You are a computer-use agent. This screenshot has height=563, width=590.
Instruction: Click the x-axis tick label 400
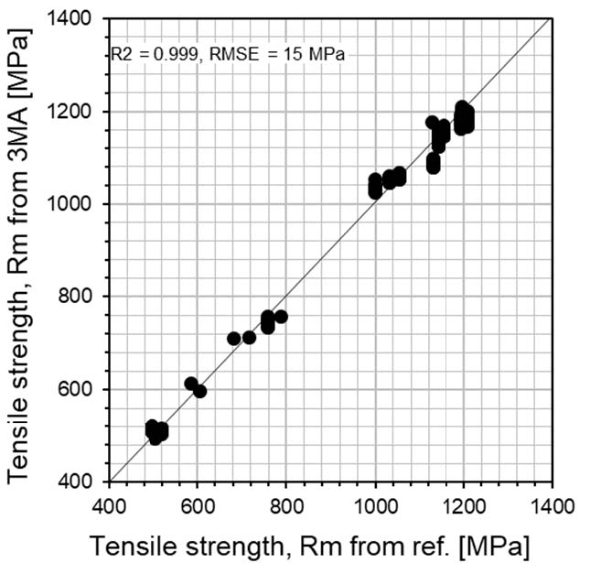109,504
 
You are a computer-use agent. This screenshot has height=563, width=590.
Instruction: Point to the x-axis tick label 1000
375,504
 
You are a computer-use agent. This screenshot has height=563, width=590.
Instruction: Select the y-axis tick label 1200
80,112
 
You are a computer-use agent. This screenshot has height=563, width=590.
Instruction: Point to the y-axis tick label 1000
80,204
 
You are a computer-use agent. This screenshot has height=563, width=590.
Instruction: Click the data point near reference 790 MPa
281,317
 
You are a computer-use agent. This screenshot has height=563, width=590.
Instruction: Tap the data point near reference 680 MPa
234,339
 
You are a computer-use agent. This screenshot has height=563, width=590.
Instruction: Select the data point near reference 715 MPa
249,338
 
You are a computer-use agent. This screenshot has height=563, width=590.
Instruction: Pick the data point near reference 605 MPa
199,391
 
